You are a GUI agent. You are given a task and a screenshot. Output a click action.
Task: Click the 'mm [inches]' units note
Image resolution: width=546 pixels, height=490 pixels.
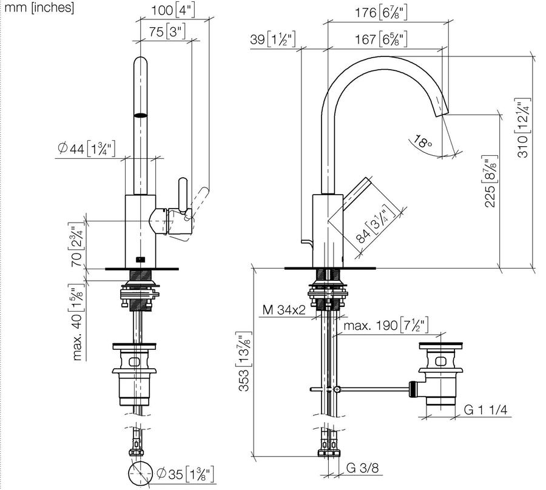click(x=39, y=7)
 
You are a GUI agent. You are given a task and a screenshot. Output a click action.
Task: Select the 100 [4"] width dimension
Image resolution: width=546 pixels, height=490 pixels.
click(x=173, y=10)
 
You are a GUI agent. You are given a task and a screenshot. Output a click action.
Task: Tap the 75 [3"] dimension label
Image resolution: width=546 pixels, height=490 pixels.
click(x=167, y=32)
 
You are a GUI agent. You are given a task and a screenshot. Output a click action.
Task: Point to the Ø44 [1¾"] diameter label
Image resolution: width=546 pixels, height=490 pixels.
click(x=86, y=149)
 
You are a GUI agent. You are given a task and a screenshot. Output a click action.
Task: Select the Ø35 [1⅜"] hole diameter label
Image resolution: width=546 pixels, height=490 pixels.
click(x=185, y=474)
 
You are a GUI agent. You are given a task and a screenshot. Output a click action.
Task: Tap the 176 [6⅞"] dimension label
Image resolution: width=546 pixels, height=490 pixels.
click(x=381, y=13)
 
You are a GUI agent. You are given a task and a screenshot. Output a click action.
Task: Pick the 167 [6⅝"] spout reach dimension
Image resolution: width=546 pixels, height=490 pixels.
click(x=381, y=39)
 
